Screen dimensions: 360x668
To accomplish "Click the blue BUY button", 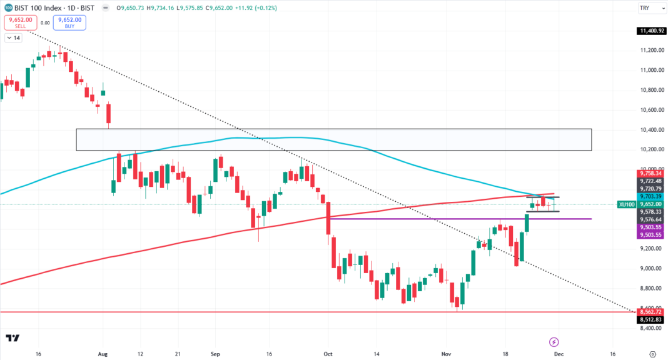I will pyautogui.click(x=69, y=22).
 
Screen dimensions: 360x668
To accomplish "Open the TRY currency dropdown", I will pyautogui.click(x=645, y=8).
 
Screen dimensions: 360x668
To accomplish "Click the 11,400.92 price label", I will pyautogui.click(x=650, y=31).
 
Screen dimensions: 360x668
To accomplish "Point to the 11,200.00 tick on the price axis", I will pyautogui.click(x=650, y=50).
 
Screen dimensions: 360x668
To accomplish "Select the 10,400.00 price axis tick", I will pyautogui.click(x=650, y=130).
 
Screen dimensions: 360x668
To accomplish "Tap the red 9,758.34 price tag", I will pyautogui.click(x=650, y=174).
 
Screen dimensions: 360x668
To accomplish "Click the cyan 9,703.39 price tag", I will pyautogui.click(x=650, y=196).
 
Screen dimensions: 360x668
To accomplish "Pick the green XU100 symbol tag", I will pyautogui.click(x=626, y=204).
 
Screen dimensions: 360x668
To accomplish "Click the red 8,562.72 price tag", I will pyautogui.click(x=650, y=312).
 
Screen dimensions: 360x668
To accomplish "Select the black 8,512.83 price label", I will pyautogui.click(x=650, y=320).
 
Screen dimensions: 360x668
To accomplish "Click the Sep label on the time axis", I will pyautogui.click(x=216, y=352).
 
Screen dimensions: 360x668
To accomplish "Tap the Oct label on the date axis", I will pyautogui.click(x=327, y=352).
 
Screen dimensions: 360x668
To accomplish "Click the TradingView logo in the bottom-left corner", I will pyautogui.click(x=13, y=338).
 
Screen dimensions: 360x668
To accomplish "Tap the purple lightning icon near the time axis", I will pyautogui.click(x=554, y=342).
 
